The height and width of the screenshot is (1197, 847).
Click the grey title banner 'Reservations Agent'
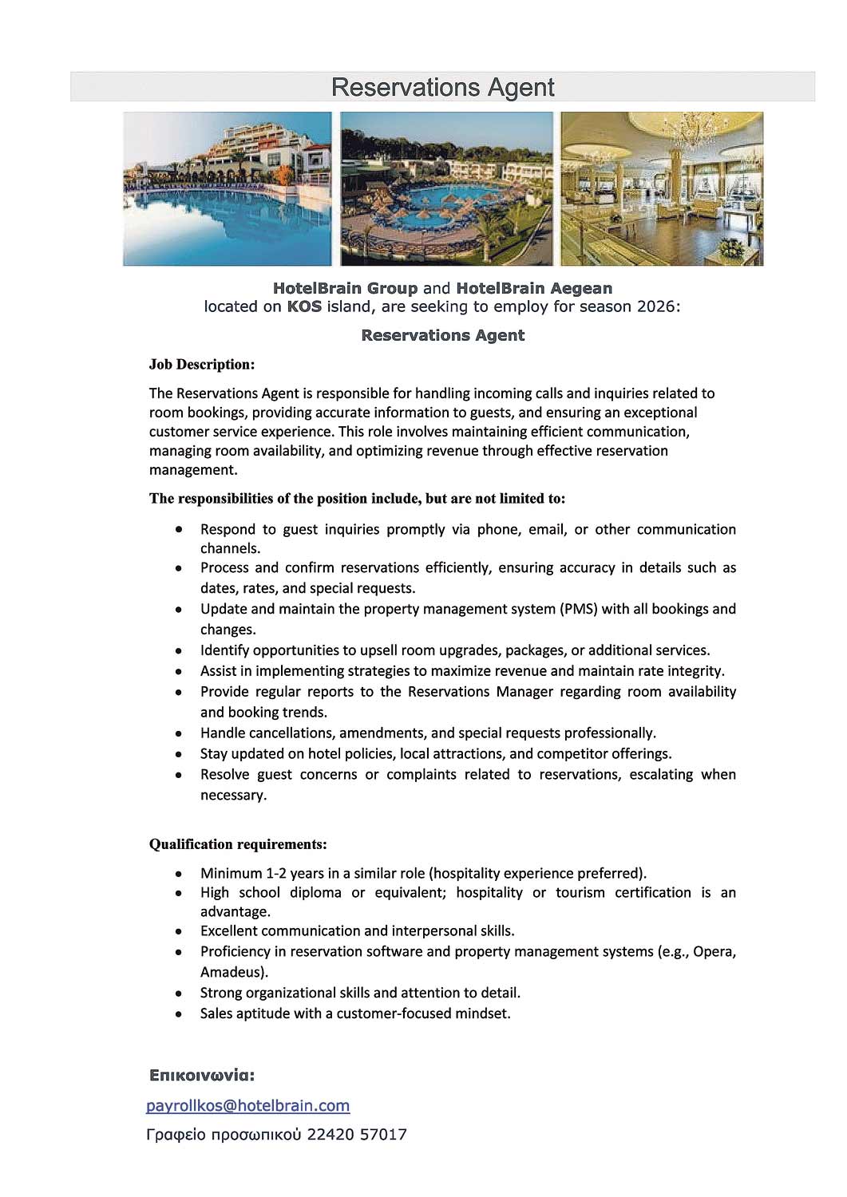[x=442, y=87]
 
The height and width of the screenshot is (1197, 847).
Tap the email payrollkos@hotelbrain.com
[x=247, y=1105]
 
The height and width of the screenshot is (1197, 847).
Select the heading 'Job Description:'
[x=202, y=365]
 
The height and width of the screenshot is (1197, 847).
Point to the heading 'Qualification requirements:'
[x=238, y=844]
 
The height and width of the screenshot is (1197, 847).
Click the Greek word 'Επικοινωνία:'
[x=202, y=1076]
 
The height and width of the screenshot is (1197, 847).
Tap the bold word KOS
[x=304, y=306]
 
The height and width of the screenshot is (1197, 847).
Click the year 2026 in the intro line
[x=655, y=306]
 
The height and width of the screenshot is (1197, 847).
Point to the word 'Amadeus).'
[x=234, y=972]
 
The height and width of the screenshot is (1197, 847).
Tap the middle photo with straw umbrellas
[x=446, y=189]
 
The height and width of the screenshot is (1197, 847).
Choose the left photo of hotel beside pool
[x=227, y=189]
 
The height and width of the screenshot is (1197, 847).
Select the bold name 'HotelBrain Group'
[x=345, y=288]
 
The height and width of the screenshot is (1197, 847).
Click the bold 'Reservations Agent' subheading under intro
[x=442, y=335]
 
